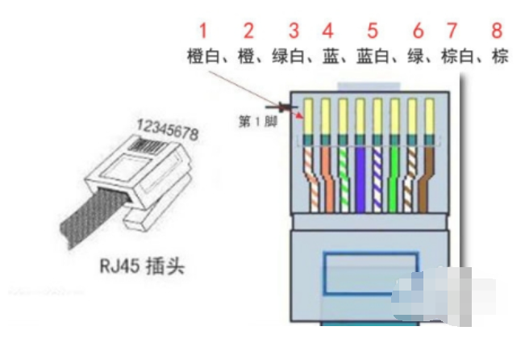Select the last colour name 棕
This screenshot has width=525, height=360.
500,57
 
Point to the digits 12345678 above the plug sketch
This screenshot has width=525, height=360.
169,128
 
